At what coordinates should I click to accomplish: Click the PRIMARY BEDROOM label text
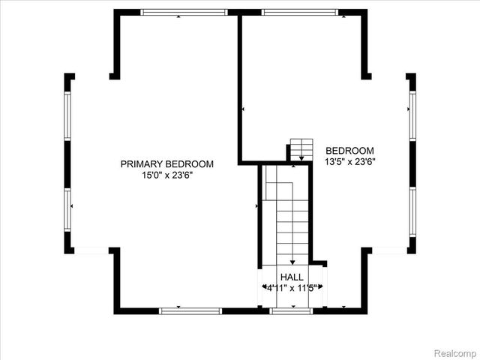pos(167,164)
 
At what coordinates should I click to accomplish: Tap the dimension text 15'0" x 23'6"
pos(167,175)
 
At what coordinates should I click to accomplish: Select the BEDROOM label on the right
pos(349,150)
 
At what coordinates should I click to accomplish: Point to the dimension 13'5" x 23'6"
pos(349,161)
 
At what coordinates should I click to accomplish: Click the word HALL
pos(292,277)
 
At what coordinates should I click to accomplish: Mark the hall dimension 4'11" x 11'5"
pos(292,287)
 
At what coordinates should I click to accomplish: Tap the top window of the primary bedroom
pos(184,12)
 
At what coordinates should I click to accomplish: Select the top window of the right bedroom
pos(299,12)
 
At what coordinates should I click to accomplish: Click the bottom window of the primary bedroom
pos(190,310)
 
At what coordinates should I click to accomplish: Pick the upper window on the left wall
pos(67,115)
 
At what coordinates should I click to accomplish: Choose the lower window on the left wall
pos(67,211)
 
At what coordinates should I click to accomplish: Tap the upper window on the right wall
pos(412,115)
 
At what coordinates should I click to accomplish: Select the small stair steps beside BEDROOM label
pos(301,146)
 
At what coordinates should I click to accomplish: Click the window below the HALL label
pos(291,310)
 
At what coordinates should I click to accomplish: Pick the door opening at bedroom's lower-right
pos(389,250)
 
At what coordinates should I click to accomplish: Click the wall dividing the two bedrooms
pos(240,86)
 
